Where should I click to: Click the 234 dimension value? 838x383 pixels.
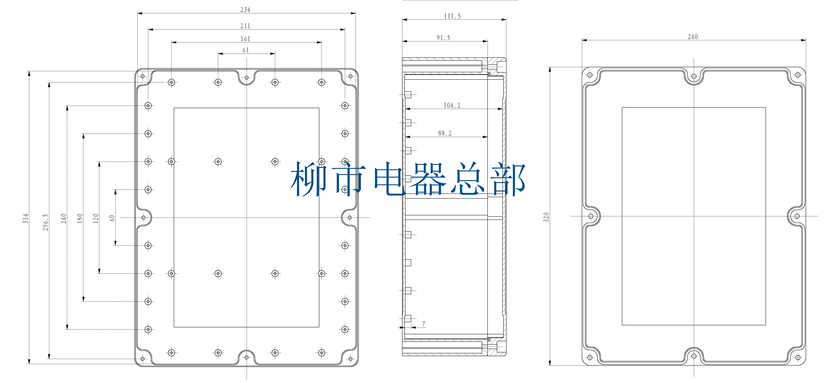245,10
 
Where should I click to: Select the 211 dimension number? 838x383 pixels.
245,26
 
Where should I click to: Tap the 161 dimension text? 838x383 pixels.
245,39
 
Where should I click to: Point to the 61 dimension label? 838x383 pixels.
246,50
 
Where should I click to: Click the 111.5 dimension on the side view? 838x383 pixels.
452,16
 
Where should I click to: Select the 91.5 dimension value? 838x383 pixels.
443,38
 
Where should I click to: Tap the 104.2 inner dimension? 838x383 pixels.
452,105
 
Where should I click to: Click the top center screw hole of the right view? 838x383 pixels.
694,76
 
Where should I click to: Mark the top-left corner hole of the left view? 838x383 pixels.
142,76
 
